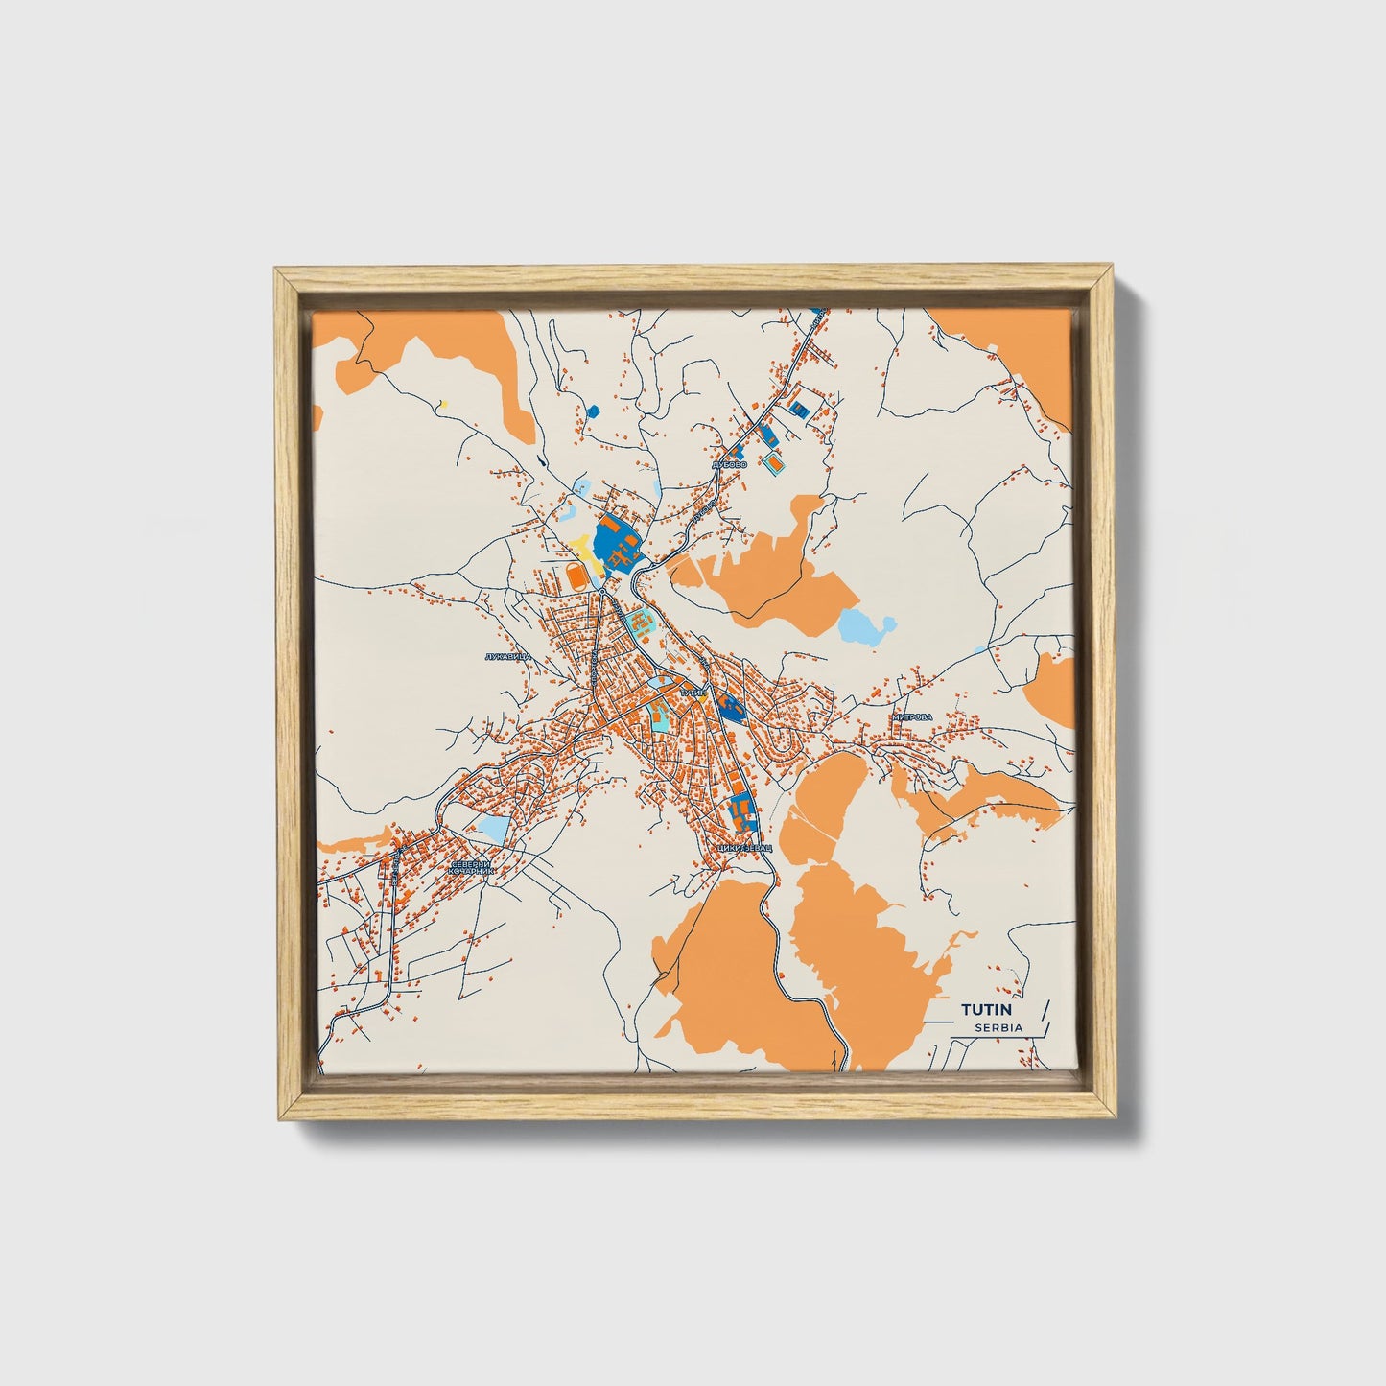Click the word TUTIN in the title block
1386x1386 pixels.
coord(992,1009)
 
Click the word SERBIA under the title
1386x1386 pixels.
coord(998,1027)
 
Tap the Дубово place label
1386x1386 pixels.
coord(729,464)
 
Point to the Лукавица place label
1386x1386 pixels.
coord(508,658)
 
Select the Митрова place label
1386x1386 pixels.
coord(911,716)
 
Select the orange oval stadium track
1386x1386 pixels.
coord(576,576)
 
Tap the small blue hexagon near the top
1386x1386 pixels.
coord(592,411)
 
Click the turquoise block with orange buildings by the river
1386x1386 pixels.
coord(641,625)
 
